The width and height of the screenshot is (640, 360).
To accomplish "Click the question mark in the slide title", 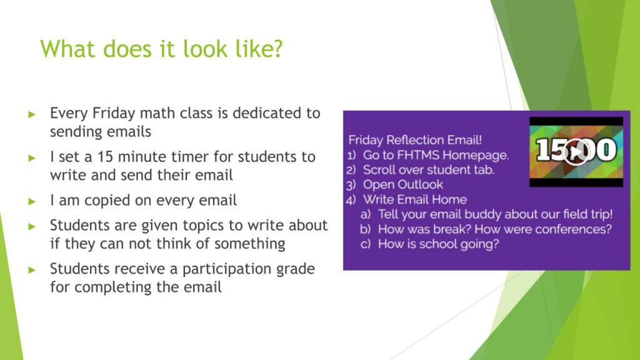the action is tap(277, 49).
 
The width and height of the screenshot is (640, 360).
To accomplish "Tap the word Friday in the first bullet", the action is tap(114, 114).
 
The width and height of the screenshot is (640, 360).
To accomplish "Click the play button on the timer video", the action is tap(576, 152).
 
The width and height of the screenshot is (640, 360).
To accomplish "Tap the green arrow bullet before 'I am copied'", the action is tap(32, 201).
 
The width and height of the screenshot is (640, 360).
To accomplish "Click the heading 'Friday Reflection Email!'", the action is tap(415, 140).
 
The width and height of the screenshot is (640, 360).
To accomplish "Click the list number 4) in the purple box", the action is tap(351, 199).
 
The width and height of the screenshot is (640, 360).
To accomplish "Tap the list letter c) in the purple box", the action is tap(365, 244).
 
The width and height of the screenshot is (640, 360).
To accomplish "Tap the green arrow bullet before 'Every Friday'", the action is tap(32, 114).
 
